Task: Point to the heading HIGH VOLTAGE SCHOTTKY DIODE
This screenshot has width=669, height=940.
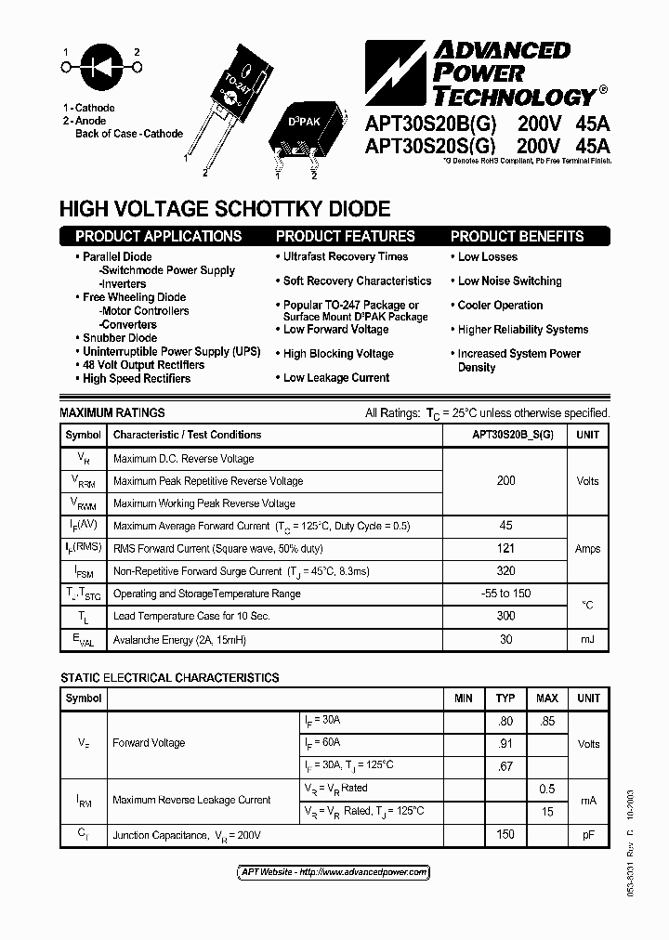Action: [x=225, y=209]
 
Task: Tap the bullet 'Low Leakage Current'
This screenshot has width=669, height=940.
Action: [x=335, y=377]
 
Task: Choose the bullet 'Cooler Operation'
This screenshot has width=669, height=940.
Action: [x=500, y=305]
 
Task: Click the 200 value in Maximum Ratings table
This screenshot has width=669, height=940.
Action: [x=505, y=480]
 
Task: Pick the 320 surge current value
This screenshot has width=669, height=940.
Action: [x=505, y=570]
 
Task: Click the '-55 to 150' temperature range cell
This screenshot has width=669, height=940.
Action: [x=505, y=593]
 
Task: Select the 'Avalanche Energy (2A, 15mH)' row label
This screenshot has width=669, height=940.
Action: [x=179, y=640]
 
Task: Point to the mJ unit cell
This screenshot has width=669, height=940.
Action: [x=587, y=639]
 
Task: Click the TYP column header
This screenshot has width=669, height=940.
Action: [x=505, y=698]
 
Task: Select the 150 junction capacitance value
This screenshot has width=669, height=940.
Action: [x=505, y=834]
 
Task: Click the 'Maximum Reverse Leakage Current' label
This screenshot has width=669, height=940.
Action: [x=191, y=800]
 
